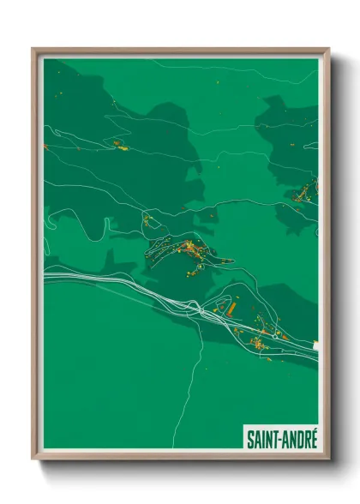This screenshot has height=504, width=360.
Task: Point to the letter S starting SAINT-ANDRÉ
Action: [249, 440]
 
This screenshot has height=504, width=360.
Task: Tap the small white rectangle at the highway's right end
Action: [315, 345]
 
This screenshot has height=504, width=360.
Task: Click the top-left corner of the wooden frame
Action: [33, 50]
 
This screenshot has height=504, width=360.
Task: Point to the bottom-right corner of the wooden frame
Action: [328, 459]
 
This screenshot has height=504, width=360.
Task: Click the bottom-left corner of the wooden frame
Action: [33, 459]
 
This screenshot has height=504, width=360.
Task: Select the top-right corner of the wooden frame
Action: [328, 50]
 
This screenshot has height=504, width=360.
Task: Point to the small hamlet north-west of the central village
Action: [147, 220]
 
